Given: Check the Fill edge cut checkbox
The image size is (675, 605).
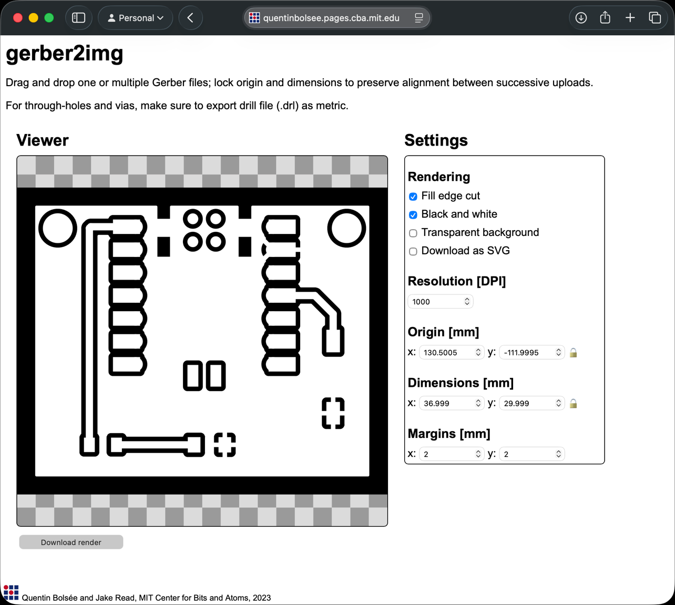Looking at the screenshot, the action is coord(413,197).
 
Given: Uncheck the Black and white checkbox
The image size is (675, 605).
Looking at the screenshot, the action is coord(413,215).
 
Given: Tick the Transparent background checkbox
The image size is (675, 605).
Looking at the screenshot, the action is coord(413,233).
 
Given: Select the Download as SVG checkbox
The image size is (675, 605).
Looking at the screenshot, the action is coord(413,252).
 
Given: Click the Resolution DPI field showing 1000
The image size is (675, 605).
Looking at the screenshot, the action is coord(440,302).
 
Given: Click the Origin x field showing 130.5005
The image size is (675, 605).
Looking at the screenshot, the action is coord(452,353).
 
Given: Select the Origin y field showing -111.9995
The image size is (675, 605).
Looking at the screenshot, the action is coord(531,353).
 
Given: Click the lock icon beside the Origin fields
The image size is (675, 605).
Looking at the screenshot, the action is coord(573,353).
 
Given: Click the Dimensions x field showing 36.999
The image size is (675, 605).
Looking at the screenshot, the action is coord(452,404).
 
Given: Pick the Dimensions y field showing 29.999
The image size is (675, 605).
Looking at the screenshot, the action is coord(531,404).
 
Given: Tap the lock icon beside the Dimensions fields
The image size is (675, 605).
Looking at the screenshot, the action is coord(573,404).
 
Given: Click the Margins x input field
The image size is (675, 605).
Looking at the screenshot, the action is coord(452,454).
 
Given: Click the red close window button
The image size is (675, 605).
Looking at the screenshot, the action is coord(18,18).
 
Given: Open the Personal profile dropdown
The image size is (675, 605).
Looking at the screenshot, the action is coord(136,18).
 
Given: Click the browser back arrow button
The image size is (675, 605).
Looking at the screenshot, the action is coord(191,18).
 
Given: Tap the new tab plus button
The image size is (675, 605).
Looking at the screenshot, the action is coord(630,18).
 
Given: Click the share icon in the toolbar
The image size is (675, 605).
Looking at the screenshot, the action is coord(605,18).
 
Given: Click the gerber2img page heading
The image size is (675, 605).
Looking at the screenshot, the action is coord(65,54).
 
